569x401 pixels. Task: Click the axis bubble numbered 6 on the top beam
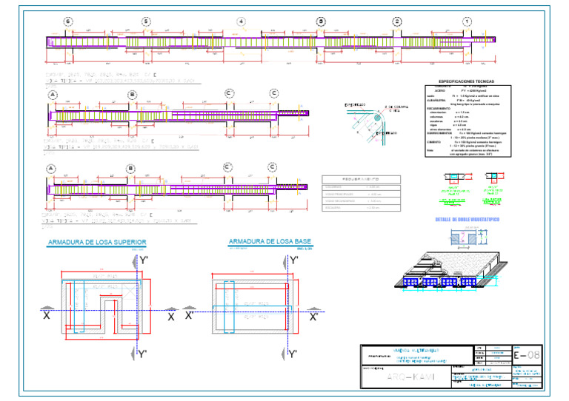[x=69, y=21]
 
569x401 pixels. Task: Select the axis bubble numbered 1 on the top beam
[x=467, y=21]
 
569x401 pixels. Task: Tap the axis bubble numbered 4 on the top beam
[x=241, y=21]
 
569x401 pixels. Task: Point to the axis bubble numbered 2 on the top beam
[x=397, y=21]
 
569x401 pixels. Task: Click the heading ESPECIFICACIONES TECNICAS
[x=467, y=81]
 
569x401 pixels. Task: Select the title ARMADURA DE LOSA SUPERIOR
[x=96, y=243]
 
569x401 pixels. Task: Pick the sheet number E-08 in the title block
[x=528, y=357]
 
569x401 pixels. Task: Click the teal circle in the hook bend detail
[x=379, y=116]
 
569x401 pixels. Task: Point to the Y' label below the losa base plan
[x=293, y=355]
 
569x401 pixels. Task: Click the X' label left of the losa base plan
[x=190, y=316]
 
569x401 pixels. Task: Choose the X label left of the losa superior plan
[x=46, y=316]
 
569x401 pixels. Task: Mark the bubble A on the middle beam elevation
[x=52, y=95]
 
